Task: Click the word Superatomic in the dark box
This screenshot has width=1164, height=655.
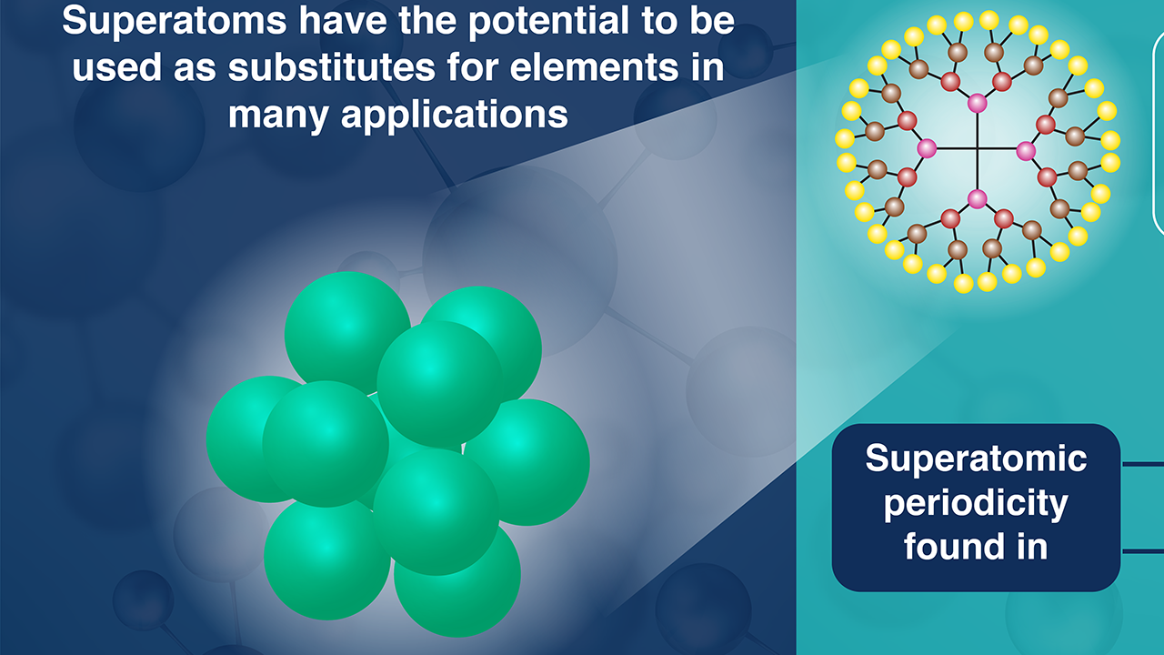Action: tap(976, 458)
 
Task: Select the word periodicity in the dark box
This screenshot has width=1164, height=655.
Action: tap(976, 503)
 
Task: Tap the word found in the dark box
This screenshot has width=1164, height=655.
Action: tap(947, 546)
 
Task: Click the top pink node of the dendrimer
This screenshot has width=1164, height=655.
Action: tap(977, 103)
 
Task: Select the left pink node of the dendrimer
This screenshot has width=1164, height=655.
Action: tap(927, 148)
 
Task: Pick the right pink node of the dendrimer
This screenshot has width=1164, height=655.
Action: tap(1026, 150)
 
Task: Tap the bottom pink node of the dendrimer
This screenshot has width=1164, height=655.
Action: tap(977, 198)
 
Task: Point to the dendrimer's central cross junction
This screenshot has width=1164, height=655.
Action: tap(977, 149)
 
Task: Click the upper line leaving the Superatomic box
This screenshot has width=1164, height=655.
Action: tap(1142, 464)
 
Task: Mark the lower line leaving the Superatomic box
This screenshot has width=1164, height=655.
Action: tap(1142, 550)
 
